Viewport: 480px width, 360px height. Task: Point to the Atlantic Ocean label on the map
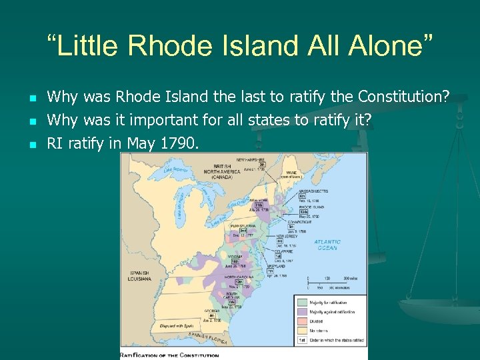click(327, 245)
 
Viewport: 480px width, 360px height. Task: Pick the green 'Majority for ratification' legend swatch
click(301, 303)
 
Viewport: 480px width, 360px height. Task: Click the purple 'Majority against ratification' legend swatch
click(301, 311)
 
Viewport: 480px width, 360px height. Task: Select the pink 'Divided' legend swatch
click(301, 321)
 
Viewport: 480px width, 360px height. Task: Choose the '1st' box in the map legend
click(301, 339)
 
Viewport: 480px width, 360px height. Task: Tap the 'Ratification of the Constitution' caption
click(171, 355)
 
